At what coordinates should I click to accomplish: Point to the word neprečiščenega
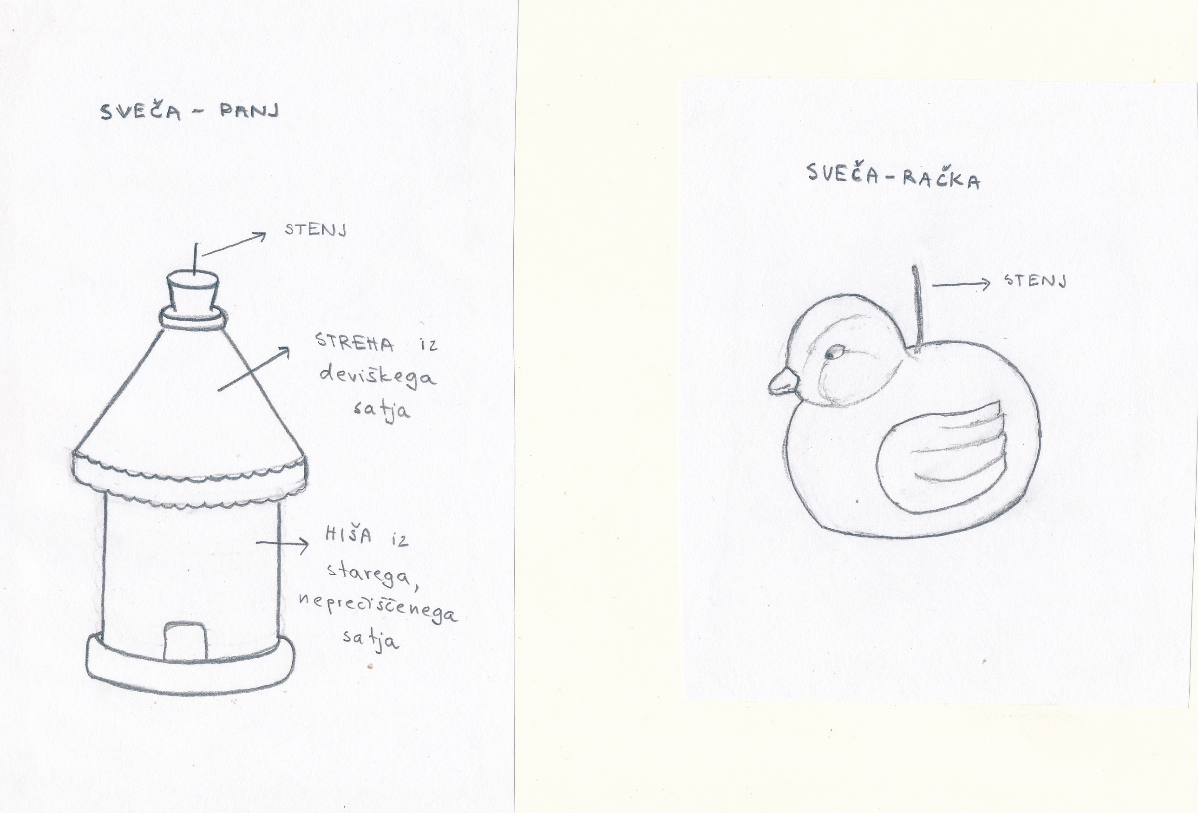pyautogui.click(x=378, y=608)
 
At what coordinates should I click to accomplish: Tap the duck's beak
pyautogui.click(x=783, y=383)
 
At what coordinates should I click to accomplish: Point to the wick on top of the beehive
pyautogui.click(x=196, y=259)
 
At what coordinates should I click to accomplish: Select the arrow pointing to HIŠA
pyautogui.click(x=282, y=544)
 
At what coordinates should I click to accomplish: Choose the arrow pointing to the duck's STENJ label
pyautogui.click(x=962, y=283)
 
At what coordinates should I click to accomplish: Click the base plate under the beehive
pyautogui.click(x=191, y=668)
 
